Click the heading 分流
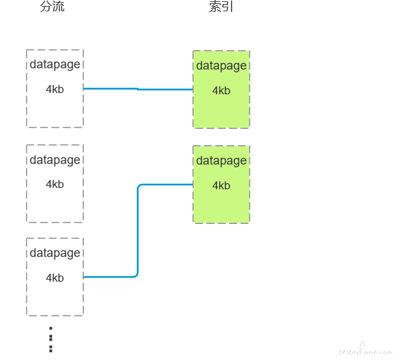52,6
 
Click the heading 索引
221,7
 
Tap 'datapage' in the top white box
55,64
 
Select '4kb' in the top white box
55,89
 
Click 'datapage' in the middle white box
55,160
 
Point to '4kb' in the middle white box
55,184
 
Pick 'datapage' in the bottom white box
55,253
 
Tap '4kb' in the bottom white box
55,278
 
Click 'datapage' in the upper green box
221,66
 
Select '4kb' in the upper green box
221,90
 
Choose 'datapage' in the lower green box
221,161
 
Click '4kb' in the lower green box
221,185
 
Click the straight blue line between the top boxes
138,89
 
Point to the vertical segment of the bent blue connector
138,230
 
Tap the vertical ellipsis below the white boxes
51,339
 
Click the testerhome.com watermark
365,349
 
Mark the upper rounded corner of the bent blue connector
139,186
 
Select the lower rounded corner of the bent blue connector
137,276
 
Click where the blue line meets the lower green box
193,185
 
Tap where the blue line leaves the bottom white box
84,277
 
